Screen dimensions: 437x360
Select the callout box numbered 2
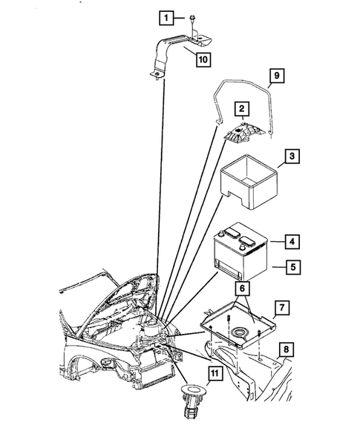coord(241,109)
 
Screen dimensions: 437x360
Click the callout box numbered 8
coord(287,347)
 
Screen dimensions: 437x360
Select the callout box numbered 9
coord(275,76)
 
